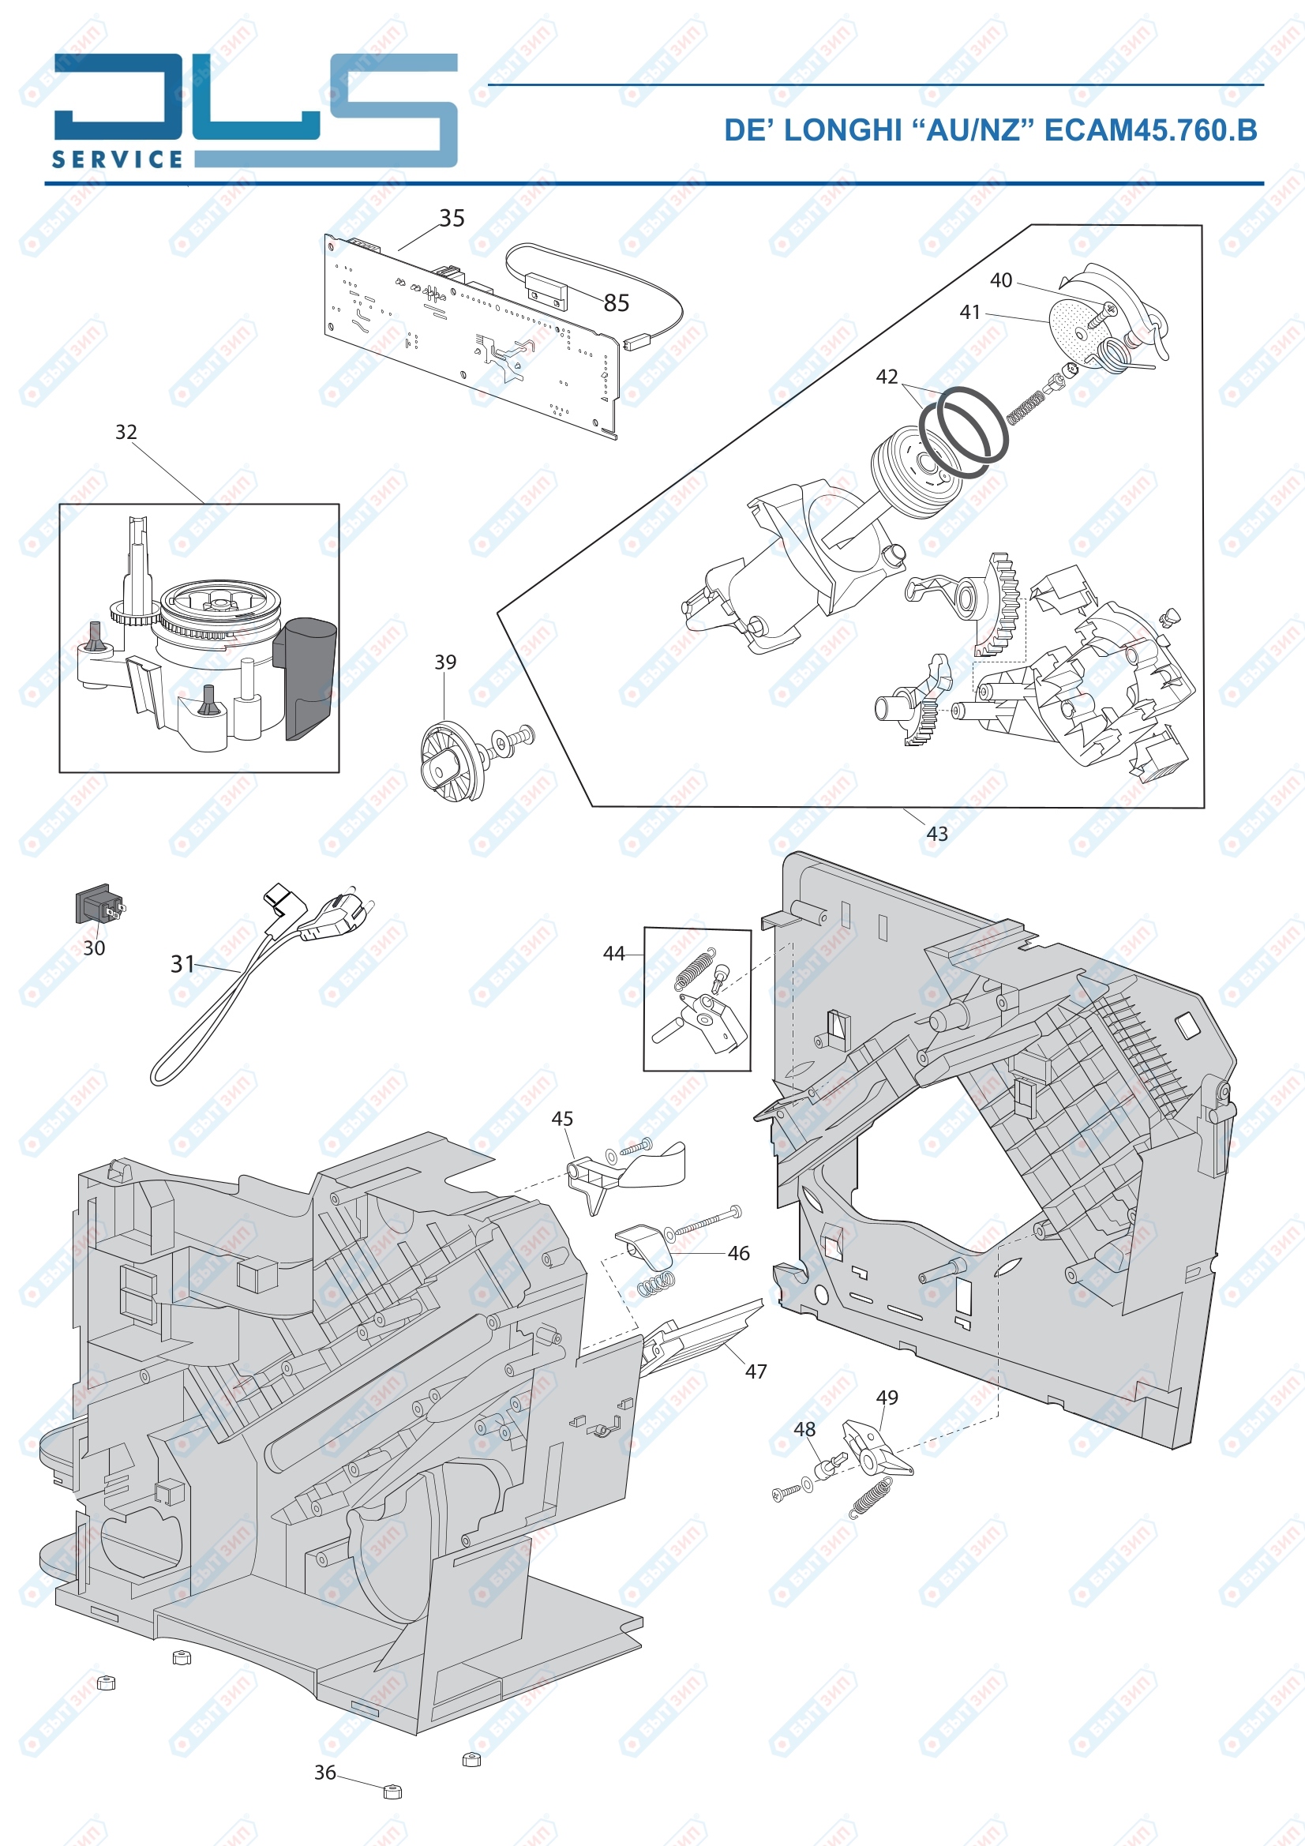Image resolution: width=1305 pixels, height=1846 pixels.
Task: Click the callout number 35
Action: (452, 218)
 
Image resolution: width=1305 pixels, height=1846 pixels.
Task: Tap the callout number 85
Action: (616, 303)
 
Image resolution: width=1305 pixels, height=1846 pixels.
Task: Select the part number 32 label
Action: (126, 432)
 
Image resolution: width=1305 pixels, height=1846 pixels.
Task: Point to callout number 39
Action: (445, 662)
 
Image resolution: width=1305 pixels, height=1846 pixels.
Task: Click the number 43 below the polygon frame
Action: (938, 834)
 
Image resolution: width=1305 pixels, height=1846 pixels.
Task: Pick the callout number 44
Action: (614, 954)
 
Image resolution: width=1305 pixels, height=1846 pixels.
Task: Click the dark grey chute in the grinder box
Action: (306, 679)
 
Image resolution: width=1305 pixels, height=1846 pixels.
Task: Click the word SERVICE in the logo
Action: (118, 159)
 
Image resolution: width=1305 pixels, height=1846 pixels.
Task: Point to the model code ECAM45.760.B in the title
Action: (1150, 130)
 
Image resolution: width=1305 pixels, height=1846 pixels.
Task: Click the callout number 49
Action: (887, 1398)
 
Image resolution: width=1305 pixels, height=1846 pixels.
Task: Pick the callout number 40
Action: (1001, 280)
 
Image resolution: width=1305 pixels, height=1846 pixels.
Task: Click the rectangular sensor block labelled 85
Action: (547, 291)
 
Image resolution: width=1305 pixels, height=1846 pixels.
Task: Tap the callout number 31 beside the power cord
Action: (183, 964)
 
